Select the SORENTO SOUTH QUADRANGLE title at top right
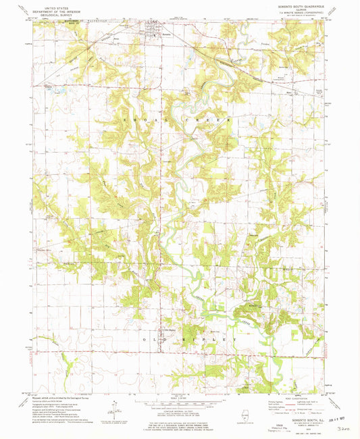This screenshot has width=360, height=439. (294, 5)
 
